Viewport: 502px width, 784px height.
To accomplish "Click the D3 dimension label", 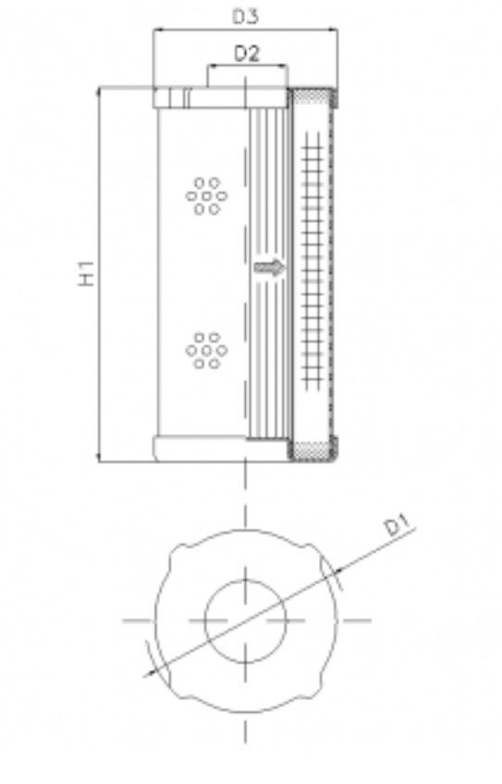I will (x=245, y=15).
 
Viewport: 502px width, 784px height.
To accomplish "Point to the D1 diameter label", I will (x=398, y=527).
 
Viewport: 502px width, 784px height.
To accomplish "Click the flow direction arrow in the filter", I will (x=271, y=268).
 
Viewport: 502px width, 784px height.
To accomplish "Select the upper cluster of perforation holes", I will (x=204, y=195).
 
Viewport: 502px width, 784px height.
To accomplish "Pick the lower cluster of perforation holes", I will (x=204, y=351).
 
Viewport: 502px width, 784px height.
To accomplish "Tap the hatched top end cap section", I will (x=314, y=96).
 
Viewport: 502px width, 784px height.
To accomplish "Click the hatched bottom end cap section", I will (x=314, y=451).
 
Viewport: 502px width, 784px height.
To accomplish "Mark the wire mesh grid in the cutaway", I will (x=314, y=268).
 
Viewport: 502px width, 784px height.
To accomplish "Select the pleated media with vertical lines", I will (x=269, y=185).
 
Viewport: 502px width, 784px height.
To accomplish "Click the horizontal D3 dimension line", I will (x=245, y=31).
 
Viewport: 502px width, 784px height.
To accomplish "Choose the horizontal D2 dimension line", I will (x=247, y=68).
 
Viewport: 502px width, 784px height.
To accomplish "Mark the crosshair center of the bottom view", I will (x=246, y=618).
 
